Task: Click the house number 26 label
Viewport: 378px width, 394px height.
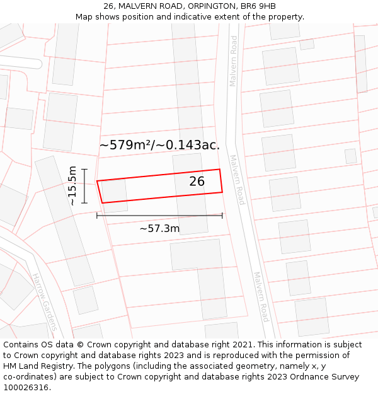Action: click(x=197, y=182)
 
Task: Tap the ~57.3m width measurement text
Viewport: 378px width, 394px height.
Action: click(x=159, y=228)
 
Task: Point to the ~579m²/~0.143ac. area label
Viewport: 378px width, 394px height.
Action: click(x=159, y=145)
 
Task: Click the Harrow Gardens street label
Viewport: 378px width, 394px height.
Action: click(x=44, y=303)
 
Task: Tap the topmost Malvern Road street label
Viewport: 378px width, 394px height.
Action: click(x=234, y=61)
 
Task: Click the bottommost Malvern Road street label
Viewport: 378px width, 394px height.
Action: click(x=261, y=296)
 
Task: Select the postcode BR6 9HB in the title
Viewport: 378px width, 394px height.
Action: click(x=258, y=6)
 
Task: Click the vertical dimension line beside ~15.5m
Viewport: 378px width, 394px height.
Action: click(x=84, y=186)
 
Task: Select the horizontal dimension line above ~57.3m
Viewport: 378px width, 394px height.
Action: click(x=159, y=216)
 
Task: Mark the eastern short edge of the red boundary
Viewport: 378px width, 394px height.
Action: click(x=221, y=181)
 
